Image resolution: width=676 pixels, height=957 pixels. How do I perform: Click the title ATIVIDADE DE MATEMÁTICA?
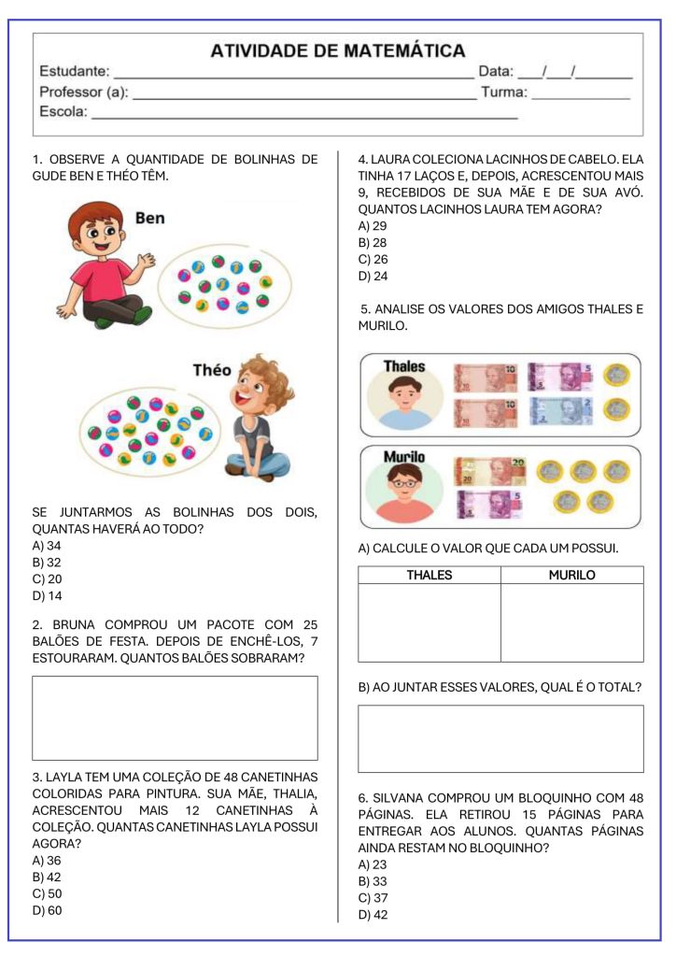(337, 50)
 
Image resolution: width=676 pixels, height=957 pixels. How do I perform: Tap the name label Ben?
(149, 218)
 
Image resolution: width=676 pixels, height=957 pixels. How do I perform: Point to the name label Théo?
(212, 370)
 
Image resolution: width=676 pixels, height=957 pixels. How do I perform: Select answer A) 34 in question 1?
(47, 545)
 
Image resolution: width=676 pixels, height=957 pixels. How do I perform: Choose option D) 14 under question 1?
(47, 595)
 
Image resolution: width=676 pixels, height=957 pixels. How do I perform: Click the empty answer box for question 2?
(175, 718)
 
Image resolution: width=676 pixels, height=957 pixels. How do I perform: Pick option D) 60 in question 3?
(47, 910)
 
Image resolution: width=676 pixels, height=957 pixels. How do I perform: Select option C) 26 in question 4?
(373, 259)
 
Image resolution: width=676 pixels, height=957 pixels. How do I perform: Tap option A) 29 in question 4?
(373, 225)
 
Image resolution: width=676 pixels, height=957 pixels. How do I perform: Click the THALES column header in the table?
(429, 575)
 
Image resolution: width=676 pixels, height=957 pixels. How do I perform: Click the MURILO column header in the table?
(571, 575)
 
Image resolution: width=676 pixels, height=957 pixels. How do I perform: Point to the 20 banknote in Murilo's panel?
(489, 471)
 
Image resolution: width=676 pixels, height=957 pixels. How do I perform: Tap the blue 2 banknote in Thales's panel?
(560, 410)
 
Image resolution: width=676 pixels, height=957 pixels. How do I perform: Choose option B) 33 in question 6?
(373, 881)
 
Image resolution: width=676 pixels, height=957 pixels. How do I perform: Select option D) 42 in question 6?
(373, 915)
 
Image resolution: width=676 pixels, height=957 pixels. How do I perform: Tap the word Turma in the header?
(503, 92)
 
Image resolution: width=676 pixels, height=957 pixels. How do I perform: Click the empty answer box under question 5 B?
(500, 738)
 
